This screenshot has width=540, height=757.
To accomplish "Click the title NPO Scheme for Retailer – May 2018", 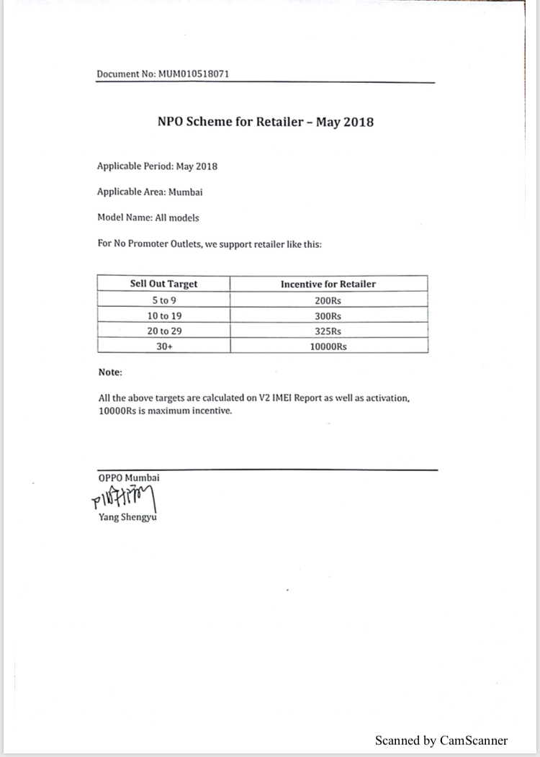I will [x=266, y=121].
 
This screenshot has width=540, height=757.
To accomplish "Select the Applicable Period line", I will [x=157, y=166].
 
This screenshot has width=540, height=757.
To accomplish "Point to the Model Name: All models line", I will [x=148, y=217].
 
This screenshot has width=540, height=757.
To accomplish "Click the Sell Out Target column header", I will [x=163, y=284].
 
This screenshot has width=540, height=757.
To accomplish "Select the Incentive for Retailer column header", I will [x=328, y=284].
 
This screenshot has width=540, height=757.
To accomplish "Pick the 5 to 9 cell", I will [x=163, y=300].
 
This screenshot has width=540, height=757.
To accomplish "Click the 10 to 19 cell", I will [x=163, y=315].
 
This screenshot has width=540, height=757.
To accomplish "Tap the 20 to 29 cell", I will [x=163, y=331].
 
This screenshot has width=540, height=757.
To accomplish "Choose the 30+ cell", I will [x=163, y=346].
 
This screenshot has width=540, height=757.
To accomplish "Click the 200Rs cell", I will [x=328, y=300].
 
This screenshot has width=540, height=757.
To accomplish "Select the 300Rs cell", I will [x=328, y=315].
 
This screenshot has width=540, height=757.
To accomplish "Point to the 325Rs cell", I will [x=328, y=331].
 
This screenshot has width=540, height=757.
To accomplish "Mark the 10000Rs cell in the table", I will [x=328, y=346].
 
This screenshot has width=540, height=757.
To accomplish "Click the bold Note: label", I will [x=110, y=372].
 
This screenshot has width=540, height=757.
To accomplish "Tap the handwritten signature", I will [x=123, y=498].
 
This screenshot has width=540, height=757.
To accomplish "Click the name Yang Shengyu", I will [x=127, y=517].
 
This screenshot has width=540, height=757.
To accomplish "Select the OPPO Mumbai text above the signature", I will [x=129, y=478].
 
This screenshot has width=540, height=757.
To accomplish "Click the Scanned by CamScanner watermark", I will [x=441, y=740].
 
